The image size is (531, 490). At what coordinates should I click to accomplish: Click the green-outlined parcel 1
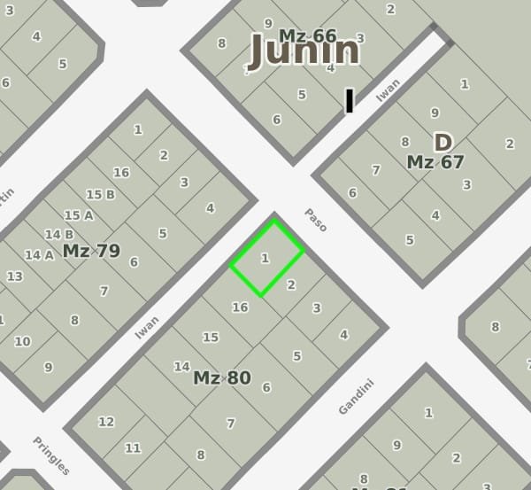(266, 258)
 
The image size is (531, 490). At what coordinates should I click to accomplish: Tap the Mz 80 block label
(222, 377)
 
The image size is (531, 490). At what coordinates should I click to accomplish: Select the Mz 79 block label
(91, 251)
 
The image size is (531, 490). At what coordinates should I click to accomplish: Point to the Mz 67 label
(435, 162)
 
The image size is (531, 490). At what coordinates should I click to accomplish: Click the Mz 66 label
(308, 35)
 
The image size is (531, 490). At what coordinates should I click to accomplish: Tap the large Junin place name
(304, 51)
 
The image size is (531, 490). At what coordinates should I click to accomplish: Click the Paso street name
(316, 220)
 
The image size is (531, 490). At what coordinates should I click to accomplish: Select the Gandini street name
(357, 396)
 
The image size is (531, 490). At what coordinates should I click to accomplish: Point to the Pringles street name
(51, 455)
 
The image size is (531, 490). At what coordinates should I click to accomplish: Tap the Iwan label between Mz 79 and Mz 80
(147, 327)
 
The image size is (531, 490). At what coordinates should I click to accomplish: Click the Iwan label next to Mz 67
(388, 90)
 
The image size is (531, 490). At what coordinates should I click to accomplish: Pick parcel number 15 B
(100, 194)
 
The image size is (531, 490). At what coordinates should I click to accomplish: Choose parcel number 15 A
(79, 214)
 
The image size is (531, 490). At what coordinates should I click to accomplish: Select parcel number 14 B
(58, 234)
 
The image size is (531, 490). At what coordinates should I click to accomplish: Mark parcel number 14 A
(39, 254)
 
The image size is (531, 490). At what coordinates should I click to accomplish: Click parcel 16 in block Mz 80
(239, 307)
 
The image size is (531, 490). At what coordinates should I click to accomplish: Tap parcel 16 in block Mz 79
(121, 172)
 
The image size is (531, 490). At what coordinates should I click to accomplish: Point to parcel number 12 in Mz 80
(106, 422)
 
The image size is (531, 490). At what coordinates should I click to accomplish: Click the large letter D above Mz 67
(442, 142)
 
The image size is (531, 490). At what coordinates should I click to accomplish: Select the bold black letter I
(350, 101)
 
